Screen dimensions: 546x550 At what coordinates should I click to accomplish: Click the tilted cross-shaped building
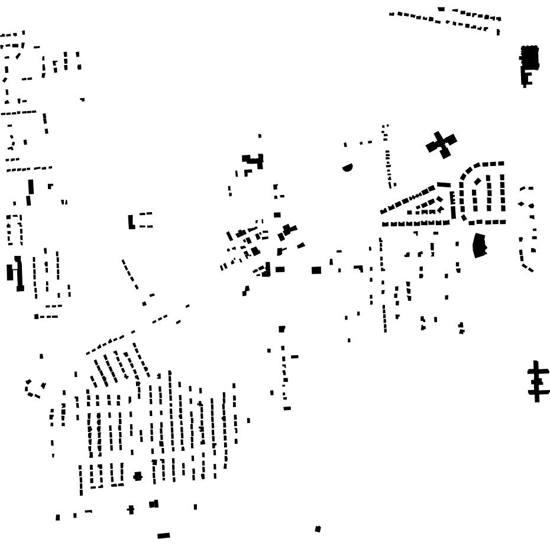tap(441, 144)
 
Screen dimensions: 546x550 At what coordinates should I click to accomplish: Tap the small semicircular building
tap(348, 168)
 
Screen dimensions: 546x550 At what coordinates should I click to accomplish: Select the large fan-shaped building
tap(479, 245)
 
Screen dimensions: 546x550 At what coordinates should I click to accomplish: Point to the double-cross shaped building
tap(537, 381)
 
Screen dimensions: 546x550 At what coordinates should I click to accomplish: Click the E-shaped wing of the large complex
tap(526, 77)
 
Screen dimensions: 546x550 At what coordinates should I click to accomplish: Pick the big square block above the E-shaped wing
tap(529, 56)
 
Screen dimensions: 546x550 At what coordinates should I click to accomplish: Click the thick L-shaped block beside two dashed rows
tap(131, 222)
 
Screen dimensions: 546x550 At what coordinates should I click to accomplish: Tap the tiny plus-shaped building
tap(131, 509)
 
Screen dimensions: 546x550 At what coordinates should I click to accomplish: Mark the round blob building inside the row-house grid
tap(138, 476)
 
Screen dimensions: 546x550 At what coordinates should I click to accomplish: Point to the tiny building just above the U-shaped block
tap(260, 136)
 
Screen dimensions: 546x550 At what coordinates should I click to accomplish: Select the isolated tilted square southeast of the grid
tap(318, 529)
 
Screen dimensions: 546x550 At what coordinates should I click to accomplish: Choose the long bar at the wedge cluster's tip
tap(444, 185)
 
